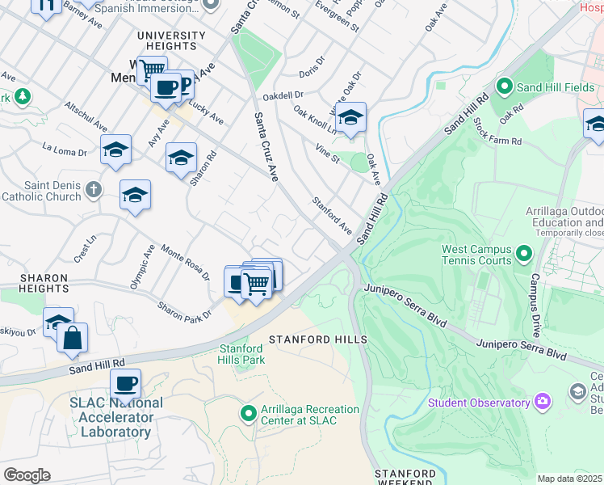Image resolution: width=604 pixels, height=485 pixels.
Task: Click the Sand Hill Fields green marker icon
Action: [x=505, y=85]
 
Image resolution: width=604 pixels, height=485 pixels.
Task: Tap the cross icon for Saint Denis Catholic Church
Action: [x=94, y=190]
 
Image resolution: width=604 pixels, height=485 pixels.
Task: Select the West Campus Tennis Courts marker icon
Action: [x=524, y=255]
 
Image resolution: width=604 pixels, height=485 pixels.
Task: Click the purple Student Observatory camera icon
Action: [x=543, y=402]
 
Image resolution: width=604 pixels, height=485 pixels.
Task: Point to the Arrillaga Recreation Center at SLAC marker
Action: [x=250, y=414]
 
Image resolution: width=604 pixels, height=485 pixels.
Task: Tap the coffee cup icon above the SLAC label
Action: [x=125, y=383]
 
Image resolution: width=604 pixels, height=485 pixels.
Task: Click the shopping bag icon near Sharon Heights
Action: [x=73, y=338]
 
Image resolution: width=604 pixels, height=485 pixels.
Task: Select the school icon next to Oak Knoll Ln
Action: [x=350, y=117]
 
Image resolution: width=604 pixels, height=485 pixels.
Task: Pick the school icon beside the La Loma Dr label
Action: [x=115, y=150]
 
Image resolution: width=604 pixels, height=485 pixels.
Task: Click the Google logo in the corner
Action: [x=27, y=475]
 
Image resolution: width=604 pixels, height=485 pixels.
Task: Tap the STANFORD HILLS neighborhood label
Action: [x=317, y=339]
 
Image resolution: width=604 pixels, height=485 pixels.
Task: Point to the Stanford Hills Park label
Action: [x=242, y=354]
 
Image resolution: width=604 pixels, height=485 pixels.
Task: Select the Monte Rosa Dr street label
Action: [x=184, y=264]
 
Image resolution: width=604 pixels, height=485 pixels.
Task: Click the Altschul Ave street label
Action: [x=86, y=116]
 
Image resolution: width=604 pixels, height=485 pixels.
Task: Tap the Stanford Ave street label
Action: [x=333, y=216]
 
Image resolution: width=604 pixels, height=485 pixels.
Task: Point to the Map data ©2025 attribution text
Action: [x=569, y=479]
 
